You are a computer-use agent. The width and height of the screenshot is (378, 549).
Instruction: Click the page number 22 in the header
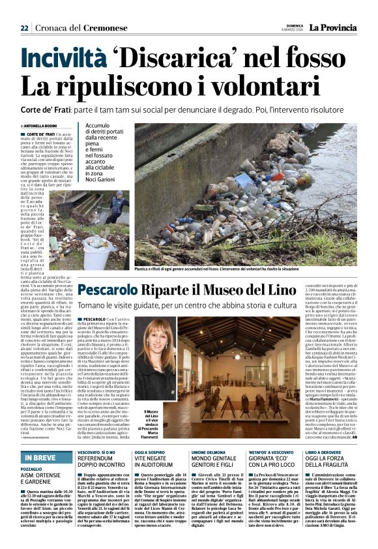24,28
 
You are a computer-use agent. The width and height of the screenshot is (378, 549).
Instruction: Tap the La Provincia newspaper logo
332,28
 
